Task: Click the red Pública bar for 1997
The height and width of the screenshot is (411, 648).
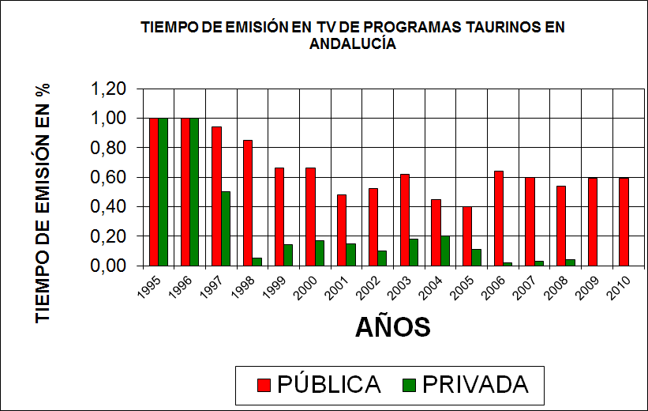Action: point(216,196)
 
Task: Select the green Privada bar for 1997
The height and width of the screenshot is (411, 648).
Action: point(226,228)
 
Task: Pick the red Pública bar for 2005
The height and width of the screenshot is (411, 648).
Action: point(467,236)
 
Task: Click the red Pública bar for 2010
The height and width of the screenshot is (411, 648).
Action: point(624,222)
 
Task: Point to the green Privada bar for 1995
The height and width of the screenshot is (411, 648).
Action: point(163,192)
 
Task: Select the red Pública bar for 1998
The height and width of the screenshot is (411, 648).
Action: point(248,203)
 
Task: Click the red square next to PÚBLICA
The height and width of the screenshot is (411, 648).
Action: point(264,386)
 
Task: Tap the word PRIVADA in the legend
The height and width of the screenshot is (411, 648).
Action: point(475,385)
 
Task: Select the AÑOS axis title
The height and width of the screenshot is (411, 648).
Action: point(392,326)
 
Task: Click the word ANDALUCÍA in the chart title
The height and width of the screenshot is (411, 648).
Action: point(353,45)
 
